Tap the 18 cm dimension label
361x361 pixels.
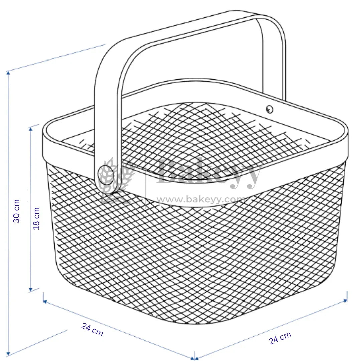pos(36,218)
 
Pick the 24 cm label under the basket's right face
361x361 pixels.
pos(280,338)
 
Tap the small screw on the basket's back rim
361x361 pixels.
pos(269,108)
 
